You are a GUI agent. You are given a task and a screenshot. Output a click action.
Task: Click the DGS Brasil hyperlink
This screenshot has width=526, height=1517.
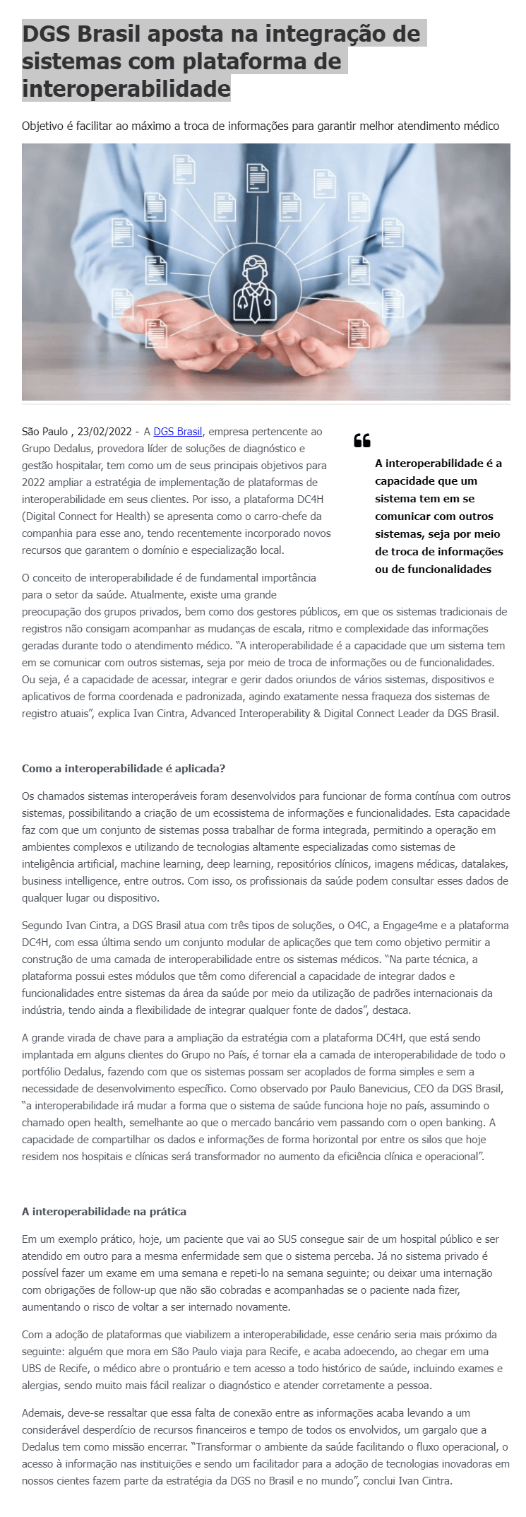coord(178,431)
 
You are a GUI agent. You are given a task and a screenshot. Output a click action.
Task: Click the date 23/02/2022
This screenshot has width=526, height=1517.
coord(104,431)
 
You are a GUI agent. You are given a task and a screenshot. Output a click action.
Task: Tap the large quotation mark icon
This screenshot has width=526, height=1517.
coord(362,441)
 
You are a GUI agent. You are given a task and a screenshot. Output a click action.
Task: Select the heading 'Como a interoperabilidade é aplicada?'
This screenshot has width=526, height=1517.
coord(124,768)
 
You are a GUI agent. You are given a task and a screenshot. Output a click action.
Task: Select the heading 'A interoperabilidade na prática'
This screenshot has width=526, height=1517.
coord(104,1211)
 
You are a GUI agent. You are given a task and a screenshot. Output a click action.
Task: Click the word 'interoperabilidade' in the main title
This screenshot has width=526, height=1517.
coord(126,89)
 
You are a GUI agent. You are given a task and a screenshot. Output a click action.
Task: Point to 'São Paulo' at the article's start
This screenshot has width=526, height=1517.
coord(44,431)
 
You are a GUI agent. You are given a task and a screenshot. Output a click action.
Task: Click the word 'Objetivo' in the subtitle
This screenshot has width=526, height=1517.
coord(43,126)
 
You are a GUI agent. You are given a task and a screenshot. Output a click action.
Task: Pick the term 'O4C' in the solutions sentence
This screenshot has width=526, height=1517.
coord(360,925)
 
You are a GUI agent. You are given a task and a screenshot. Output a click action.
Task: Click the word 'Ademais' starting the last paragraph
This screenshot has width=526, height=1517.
coord(42,1432)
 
